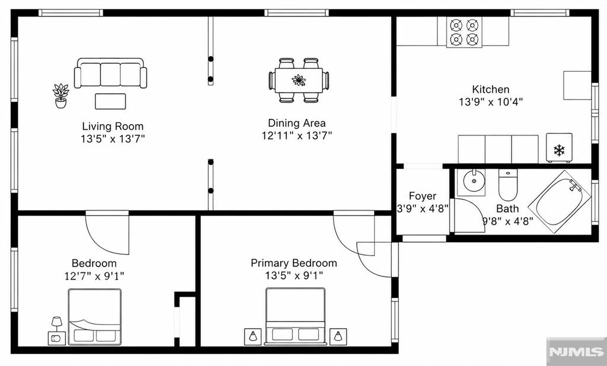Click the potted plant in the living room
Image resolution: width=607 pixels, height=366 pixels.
click(61, 95)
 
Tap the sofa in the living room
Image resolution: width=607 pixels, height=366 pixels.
click(111, 73)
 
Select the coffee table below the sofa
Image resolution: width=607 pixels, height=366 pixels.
click(110, 101)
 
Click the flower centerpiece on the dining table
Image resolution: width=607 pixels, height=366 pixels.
click(299, 80)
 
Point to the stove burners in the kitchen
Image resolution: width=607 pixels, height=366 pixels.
click(464, 33)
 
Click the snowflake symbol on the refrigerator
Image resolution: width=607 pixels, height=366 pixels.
click(559, 150)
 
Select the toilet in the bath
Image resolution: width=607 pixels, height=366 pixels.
click(507, 185)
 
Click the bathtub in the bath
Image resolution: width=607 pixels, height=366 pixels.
click(560, 201)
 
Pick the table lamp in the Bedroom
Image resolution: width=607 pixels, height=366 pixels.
click(57, 323)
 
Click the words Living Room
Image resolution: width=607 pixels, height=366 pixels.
click(113, 126)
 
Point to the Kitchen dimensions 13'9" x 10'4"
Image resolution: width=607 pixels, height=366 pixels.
click(491, 102)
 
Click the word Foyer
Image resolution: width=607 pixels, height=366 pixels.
click(423, 196)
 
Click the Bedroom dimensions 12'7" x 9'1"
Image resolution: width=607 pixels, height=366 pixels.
click(94, 276)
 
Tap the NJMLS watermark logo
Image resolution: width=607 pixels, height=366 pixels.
click(576, 351)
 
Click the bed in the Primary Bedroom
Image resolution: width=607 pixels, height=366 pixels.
click(295, 316)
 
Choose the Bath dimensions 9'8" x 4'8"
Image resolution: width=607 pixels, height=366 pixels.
click(508, 221)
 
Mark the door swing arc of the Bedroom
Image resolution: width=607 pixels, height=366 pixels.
click(100, 245)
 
